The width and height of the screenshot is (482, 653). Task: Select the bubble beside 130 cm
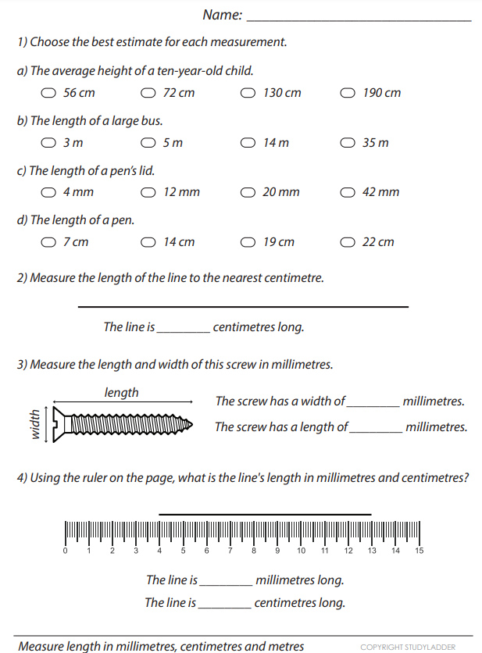[248, 93]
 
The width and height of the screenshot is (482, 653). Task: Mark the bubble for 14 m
[248, 143]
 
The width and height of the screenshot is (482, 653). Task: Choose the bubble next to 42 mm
[348, 192]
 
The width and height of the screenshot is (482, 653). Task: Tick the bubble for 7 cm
[48, 242]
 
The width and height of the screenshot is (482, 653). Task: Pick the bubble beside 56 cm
[48, 93]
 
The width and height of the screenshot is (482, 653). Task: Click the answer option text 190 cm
[381, 93]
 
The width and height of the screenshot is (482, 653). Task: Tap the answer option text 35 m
[375, 143]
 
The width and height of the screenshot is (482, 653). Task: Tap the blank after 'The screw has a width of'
[372, 402]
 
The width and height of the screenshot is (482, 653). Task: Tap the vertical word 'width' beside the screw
[34, 423]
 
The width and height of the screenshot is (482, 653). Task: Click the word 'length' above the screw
[121, 393]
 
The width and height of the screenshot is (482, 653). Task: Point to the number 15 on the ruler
[419, 551]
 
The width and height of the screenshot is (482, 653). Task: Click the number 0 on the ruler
[65, 551]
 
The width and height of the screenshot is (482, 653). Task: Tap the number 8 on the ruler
[254, 551]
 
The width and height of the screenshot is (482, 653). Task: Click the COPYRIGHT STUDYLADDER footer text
[408, 647]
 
